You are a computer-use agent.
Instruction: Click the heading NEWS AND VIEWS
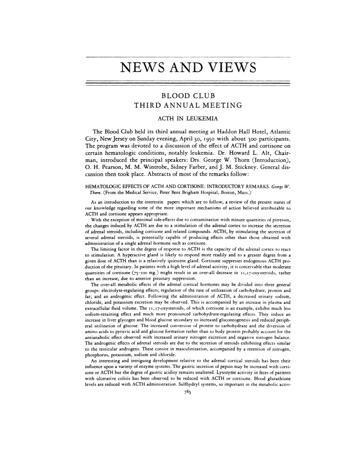[188, 67]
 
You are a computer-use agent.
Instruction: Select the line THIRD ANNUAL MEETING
[188, 105]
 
